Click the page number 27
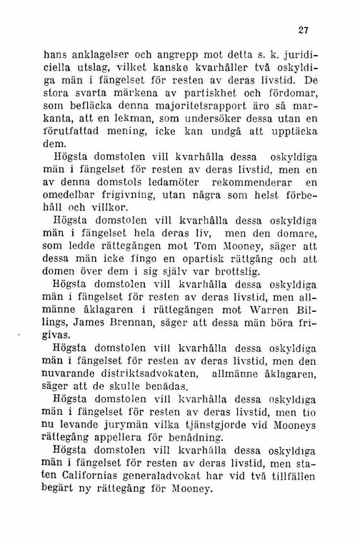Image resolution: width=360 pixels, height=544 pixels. click(x=309, y=31)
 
